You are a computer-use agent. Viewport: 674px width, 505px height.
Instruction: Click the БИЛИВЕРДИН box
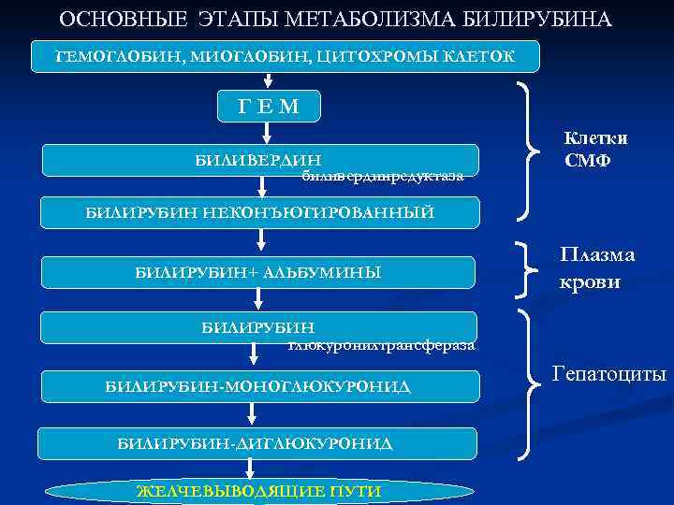260,160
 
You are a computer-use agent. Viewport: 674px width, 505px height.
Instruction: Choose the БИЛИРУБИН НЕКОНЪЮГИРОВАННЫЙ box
260,212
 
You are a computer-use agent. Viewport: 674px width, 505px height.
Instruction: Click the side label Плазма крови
596,267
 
